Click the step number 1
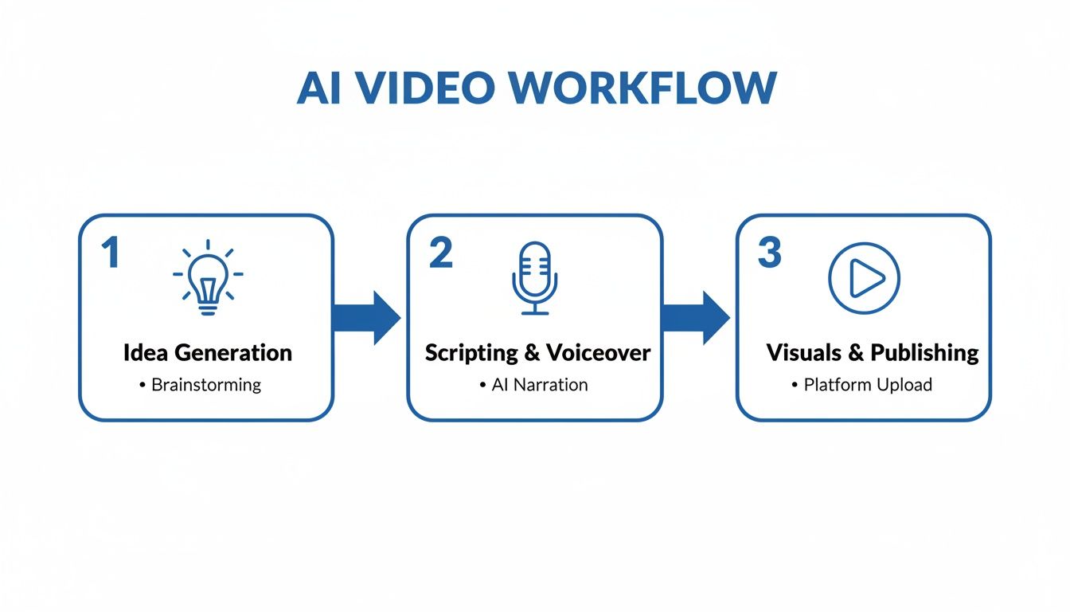[x=110, y=253]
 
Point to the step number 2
[x=439, y=253]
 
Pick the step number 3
[x=769, y=253]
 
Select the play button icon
[x=864, y=278]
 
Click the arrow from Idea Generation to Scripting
[x=366, y=317]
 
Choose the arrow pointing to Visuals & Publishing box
[x=695, y=317]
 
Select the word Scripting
[x=471, y=353]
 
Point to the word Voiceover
[x=598, y=352]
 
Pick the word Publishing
[x=924, y=353]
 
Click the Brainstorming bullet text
[x=205, y=385]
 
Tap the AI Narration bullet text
[x=539, y=385]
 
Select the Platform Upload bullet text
[x=867, y=385]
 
